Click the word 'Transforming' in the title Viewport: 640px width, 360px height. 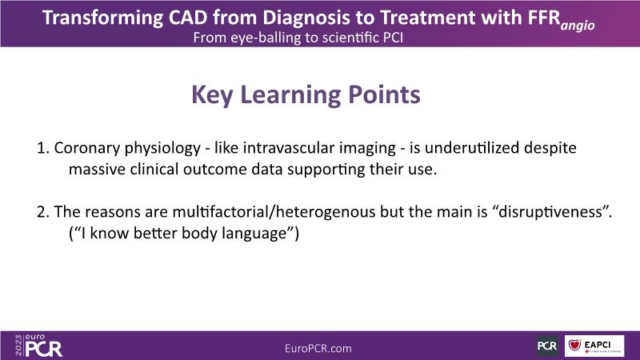[102, 18]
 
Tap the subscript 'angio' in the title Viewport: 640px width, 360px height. [578, 26]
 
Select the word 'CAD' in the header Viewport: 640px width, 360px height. [188, 18]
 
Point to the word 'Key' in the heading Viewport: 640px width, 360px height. [212, 95]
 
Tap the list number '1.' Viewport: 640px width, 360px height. [43, 148]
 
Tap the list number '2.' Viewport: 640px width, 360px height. [43, 212]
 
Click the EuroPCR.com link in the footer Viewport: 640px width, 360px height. [318, 348]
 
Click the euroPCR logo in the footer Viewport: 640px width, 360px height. [38, 346]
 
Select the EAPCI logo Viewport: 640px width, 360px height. [594, 346]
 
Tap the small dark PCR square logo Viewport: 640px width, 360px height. [547, 346]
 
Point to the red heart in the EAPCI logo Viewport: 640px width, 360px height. [574, 345]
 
